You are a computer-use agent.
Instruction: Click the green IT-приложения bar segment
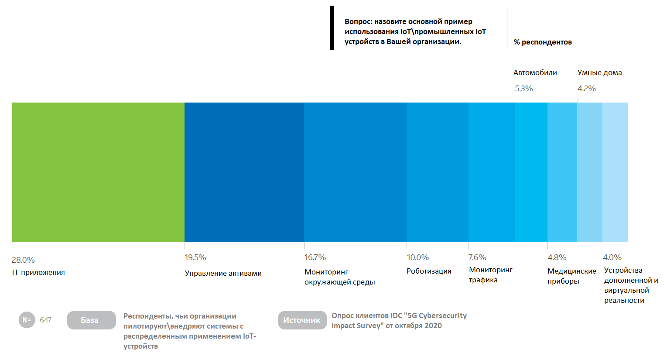coord(98,172)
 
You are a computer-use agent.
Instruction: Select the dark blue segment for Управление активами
coord(244,172)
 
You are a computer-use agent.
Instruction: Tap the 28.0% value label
coord(23,260)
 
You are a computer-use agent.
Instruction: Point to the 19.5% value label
coord(195,257)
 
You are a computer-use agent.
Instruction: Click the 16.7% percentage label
coord(315,257)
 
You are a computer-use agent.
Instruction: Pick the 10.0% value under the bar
coord(418,257)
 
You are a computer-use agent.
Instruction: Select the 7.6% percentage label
coord(477,257)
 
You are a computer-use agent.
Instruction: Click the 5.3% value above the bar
coord(524,89)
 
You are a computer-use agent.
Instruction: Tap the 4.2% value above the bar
coord(587,89)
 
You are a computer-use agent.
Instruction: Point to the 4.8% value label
coord(557,257)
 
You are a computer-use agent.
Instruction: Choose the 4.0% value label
coord(612,257)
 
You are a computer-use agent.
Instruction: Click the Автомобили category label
coord(535,73)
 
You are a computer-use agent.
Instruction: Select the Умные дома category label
coord(600,73)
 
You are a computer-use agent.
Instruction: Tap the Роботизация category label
coord(429,271)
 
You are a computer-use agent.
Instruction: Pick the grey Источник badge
coord(302,320)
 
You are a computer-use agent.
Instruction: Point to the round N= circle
coord(27,320)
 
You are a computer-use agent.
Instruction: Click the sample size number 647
coord(45,320)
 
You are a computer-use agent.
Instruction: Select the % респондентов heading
coord(543,42)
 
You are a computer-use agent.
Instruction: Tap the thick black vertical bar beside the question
coord(332,27)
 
